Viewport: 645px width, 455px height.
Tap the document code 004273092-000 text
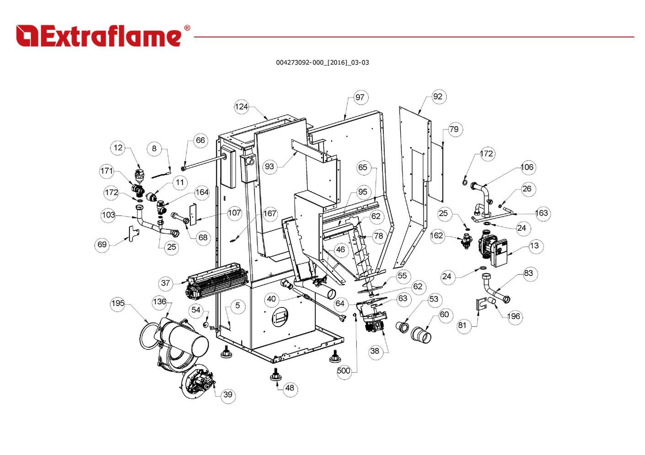click(x=322, y=63)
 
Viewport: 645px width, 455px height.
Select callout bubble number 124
click(x=241, y=106)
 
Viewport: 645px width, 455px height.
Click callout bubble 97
click(x=360, y=97)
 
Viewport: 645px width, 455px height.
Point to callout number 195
click(x=118, y=303)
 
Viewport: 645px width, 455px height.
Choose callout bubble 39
click(x=228, y=395)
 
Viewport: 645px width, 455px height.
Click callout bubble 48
click(x=290, y=388)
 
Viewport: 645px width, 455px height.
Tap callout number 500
click(x=344, y=370)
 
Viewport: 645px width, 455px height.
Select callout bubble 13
click(x=534, y=246)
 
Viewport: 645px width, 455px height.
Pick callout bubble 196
click(x=514, y=316)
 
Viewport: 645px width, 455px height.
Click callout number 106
click(x=527, y=167)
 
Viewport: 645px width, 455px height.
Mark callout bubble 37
click(x=166, y=283)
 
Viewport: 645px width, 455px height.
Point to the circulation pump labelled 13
click(x=493, y=249)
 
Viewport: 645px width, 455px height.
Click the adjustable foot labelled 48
click(x=276, y=374)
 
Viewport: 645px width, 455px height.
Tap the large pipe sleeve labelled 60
click(x=420, y=335)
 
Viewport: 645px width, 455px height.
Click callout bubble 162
click(x=437, y=235)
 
